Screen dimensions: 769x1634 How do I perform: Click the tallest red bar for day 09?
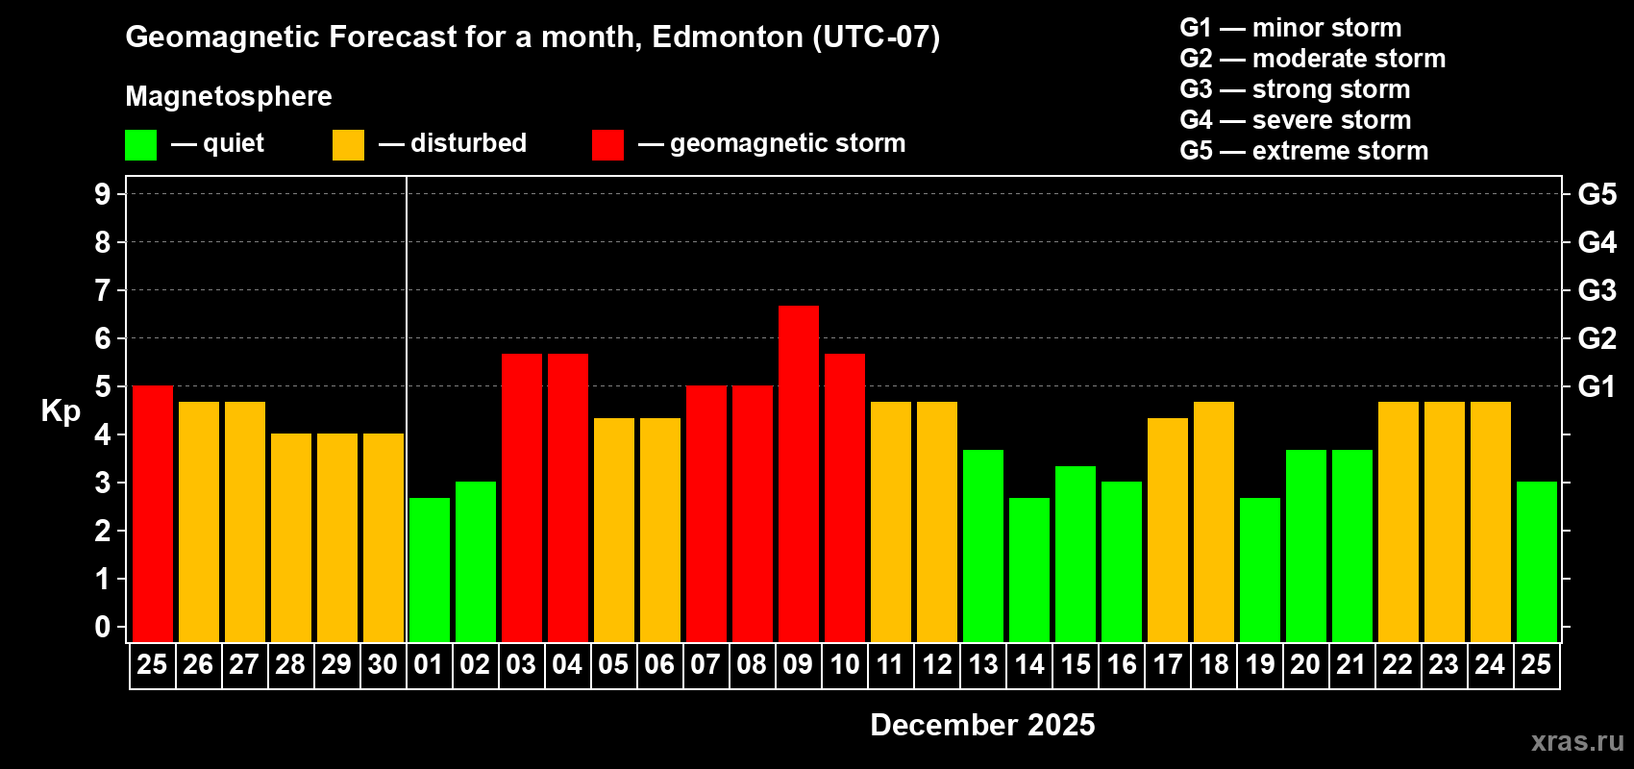(799, 473)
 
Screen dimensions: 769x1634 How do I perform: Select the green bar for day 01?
(430, 569)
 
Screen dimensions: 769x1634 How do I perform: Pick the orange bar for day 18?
(1214, 521)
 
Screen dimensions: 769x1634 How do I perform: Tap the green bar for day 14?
(1029, 569)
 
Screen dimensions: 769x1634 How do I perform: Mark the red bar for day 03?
(522, 497)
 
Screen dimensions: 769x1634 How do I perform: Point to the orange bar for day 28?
(291, 537)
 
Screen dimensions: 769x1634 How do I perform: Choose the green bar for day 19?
(1260, 569)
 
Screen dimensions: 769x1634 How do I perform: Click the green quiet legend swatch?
(141, 145)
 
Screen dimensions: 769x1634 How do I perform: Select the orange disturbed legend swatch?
(349, 145)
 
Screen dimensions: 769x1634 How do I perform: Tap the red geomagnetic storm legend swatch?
(608, 145)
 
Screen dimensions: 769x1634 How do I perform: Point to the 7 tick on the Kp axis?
(103, 290)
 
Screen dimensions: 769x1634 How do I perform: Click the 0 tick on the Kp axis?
(103, 628)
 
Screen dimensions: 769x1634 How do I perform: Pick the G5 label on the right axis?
(1597, 194)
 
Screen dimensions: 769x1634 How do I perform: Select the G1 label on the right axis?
(1597, 386)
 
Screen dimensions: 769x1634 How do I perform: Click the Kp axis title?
(61, 411)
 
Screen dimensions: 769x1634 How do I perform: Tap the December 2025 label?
(982, 725)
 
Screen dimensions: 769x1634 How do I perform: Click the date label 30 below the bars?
(383, 665)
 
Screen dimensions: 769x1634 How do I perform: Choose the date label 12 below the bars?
(936, 665)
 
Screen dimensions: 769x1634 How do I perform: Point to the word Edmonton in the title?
(728, 37)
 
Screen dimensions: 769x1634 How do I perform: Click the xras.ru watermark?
(1576, 741)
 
